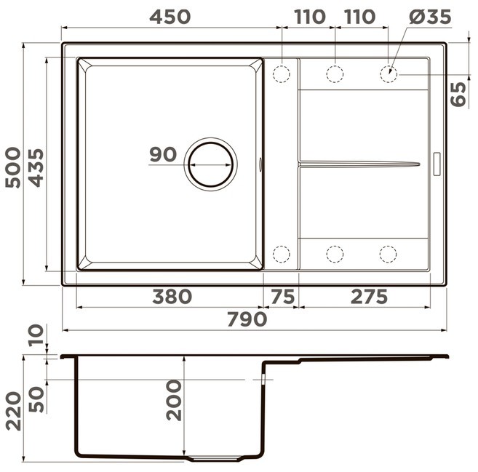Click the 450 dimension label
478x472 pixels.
[x=170, y=17]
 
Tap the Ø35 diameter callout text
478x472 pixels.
[x=430, y=17]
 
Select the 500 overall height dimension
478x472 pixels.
[x=13, y=167]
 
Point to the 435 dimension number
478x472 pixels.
[x=36, y=167]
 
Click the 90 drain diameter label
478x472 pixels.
[x=163, y=154]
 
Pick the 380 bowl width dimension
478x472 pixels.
[x=172, y=297]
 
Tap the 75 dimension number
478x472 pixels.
[x=283, y=297]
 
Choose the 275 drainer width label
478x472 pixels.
[x=369, y=297]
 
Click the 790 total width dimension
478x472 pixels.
[x=247, y=319]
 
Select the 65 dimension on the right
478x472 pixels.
[x=458, y=94]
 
